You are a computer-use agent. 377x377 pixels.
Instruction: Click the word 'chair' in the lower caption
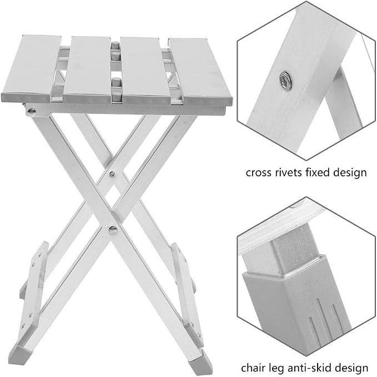tap(253, 368)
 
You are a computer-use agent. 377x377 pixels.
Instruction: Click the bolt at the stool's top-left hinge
tap(32, 111)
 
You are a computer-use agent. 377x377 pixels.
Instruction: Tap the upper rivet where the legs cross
tap(112, 174)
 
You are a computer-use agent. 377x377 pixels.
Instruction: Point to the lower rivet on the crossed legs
tap(113, 230)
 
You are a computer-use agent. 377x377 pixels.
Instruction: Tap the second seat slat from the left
tap(87, 68)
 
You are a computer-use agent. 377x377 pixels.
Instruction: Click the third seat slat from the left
tap(145, 70)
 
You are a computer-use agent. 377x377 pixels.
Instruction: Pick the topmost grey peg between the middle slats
tap(115, 45)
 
